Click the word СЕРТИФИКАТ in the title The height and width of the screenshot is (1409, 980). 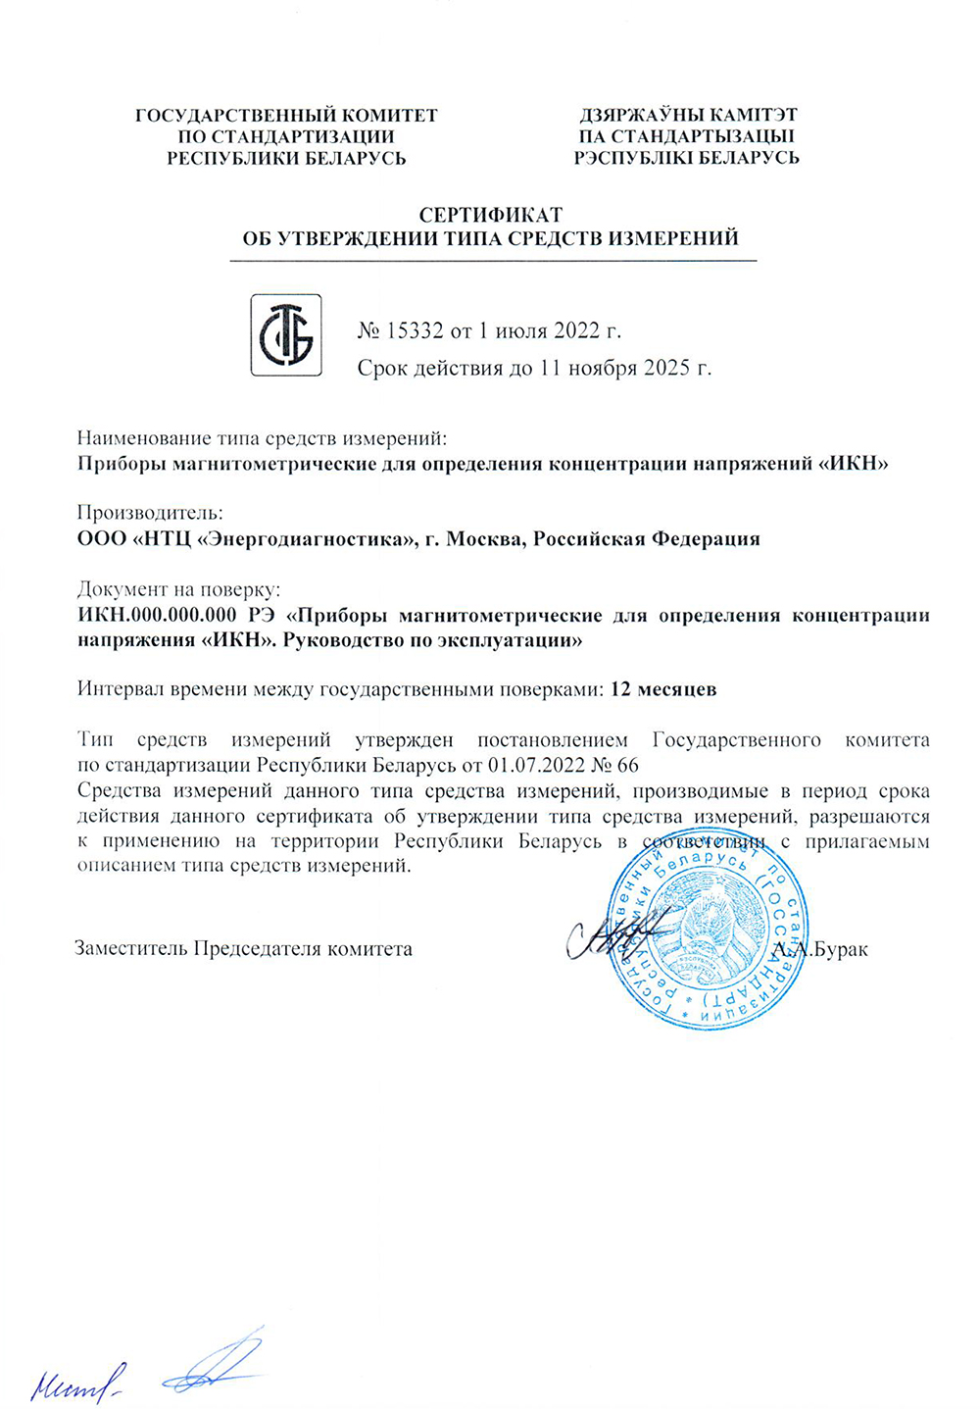coord(490,215)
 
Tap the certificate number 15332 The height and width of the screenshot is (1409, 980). coord(416,330)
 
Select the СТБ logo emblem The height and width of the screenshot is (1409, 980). coord(285,335)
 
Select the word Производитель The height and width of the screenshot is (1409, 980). coord(149,513)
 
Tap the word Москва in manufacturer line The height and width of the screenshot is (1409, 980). coord(484,539)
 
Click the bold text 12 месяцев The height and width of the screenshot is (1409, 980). coord(662,689)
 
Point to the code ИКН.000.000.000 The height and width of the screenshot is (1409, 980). coord(157,616)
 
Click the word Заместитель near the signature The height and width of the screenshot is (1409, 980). coord(131,949)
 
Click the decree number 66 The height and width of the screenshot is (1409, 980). coord(628,765)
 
